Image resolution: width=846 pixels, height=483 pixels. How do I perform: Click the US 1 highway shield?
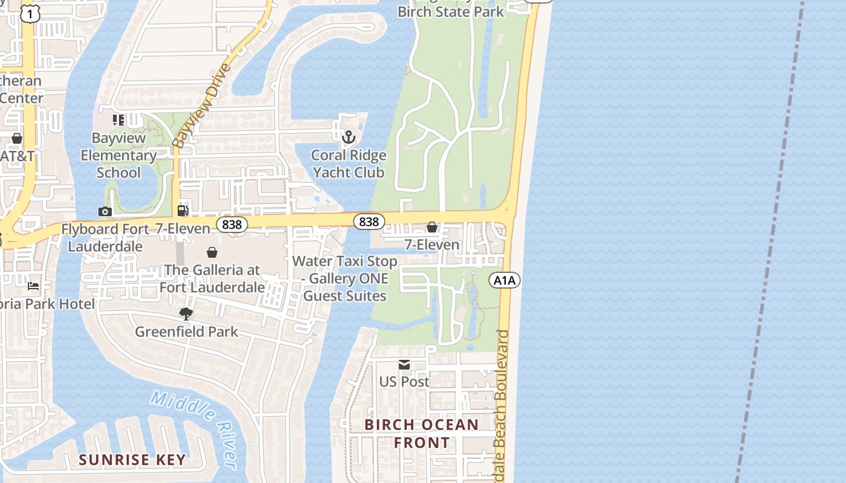pyautogui.click(x=29, y=13)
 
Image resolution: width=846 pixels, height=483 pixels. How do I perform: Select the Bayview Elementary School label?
pyautogui.click(x=118, y=155)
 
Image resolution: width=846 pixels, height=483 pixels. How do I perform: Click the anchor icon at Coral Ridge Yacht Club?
pyautogui.click(x=348, y=138)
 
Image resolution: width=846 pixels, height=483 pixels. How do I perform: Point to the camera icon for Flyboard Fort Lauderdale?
pyautogui.click(x=105, y=211)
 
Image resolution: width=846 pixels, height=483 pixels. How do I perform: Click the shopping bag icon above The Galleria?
pyautogui.click(x=212, y=252)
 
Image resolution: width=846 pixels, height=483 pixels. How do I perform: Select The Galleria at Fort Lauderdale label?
pyautogui.click(x=212, y=278)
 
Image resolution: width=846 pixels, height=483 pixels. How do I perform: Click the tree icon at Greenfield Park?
pyautogui.click(x=186, y=314)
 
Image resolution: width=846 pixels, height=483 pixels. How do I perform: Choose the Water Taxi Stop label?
pyautogui.click(x=345, y=278)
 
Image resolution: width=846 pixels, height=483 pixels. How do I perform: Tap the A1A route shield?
pyautogui.click(x=505, y=280)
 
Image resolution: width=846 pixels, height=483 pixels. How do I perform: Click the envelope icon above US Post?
pyautogui.click(x=404, y=365)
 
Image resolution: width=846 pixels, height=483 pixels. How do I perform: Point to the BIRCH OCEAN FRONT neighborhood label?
pyautogui.click(x=422, y=433)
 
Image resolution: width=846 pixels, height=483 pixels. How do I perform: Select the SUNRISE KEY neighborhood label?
pyautogui.click(x=132, y=459)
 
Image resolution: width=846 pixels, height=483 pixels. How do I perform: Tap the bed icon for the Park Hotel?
pyautogui.click(x=33, y=286)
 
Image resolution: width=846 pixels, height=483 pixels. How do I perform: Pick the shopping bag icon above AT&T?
pyautogui.click(x=17, y=139)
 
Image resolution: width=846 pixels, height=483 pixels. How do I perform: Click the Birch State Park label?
pyautogui.click(x=451, y=11)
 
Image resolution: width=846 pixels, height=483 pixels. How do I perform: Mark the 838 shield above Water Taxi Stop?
pyautogui.click(x=369, y=222)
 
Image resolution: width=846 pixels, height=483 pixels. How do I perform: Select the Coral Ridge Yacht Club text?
pyautogui.click(x=348, y=164)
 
